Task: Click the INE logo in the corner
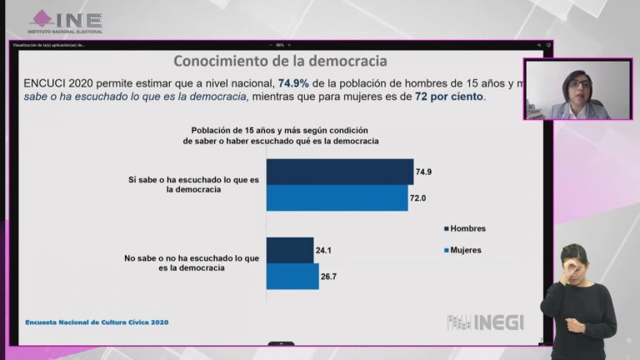(x=67, y=21)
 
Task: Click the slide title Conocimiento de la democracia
(x=279, y=62)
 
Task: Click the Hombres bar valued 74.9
(x=340, y=172)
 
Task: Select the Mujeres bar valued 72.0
(x=337, y=197)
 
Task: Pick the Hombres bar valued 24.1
(x=290, y=249)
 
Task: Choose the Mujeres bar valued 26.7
(x=292, y=276)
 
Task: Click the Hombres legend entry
(x=468, y=228)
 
